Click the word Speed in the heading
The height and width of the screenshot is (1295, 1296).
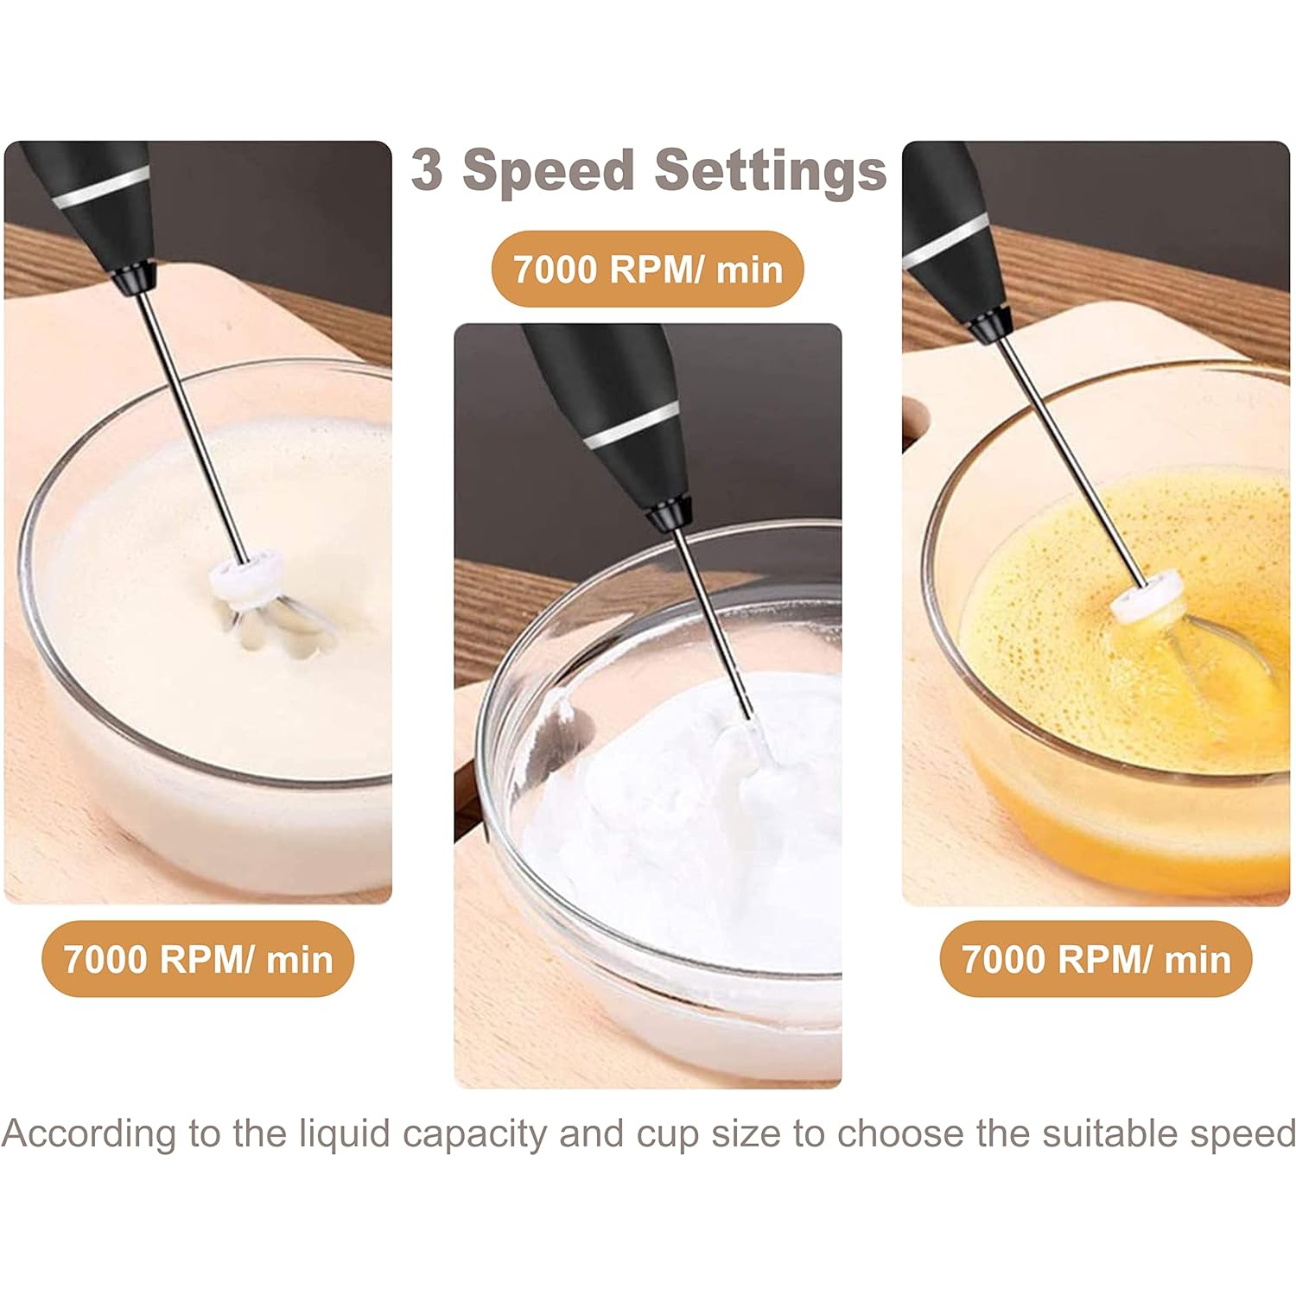point(549,171)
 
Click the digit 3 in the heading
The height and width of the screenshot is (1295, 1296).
point(427,169)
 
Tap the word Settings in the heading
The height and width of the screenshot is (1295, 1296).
point(770,171)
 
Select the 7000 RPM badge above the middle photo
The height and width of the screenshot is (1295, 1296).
point(648,270)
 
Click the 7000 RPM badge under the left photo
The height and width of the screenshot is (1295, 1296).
point(198,960)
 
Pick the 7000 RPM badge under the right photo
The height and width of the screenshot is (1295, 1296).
point(1096,960)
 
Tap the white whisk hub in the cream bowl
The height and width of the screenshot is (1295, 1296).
point(249,574)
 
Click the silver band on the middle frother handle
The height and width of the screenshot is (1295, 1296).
point(630,426)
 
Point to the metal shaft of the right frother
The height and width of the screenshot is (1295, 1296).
point(1071,458)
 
